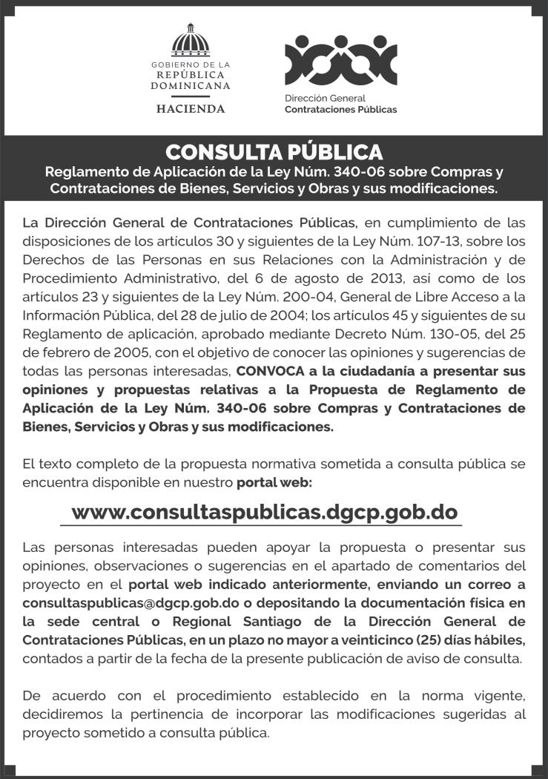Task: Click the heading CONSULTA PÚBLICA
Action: pyautogui.click(x=274, y=152)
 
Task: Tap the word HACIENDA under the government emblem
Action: pyautogui.click(x=191, y=108)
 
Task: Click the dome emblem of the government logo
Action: pyautogui.click(x=191, y=42)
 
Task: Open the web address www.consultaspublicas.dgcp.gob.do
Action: pyautogui.click(x=264, y=512)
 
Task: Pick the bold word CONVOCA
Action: pyautogui.click(x=269, y=369)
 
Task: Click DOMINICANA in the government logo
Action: pyautogui.click(x=191, y=85)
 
